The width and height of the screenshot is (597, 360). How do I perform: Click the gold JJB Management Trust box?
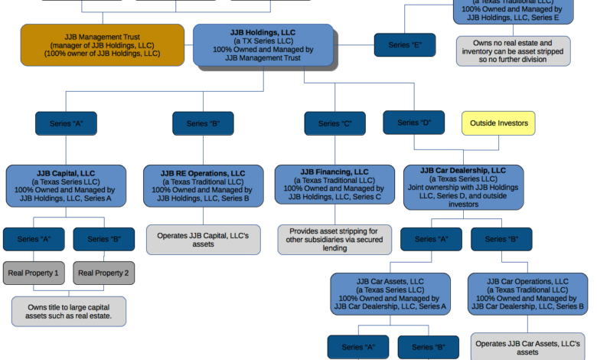pos(102,44)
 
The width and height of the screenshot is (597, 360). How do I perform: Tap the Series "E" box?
pos(404,45)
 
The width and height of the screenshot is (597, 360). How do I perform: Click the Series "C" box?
pos(334,123)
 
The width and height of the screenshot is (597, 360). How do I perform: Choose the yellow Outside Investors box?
pos(498,123)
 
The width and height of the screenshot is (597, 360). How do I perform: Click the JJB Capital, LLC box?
pos(66,185)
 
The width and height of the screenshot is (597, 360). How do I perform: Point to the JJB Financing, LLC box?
pos(334,185)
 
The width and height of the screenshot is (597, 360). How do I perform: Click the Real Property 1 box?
pos(33,273)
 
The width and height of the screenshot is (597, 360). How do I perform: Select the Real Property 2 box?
pos(103,273)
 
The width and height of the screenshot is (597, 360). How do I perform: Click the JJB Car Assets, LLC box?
pos(390,294)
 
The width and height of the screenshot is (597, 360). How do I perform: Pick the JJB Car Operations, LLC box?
pos(527,294)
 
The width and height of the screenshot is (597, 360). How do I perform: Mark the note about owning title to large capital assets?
pos(69,311)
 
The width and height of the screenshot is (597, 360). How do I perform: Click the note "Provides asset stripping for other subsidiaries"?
pos(334,239)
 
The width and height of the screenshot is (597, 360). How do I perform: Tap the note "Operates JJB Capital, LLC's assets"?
pos(203,239)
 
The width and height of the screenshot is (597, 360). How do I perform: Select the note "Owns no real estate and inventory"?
pos(513,51)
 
